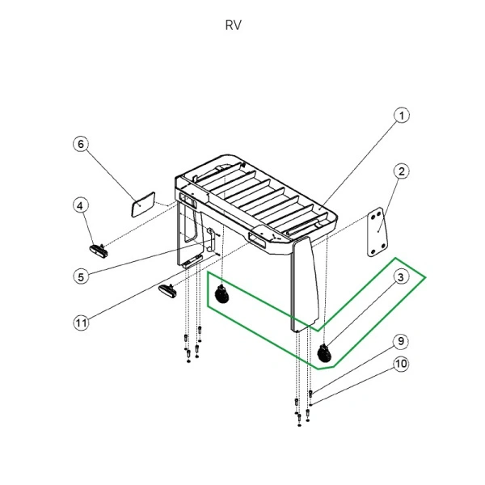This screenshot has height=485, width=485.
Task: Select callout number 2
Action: coord(402,171)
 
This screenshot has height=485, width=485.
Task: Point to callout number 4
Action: coord(81,205)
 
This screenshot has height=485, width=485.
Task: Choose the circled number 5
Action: coord(81,276)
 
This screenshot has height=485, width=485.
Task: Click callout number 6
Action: coord(81,144)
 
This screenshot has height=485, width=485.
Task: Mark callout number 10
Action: coord(402,364)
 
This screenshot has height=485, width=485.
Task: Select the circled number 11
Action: coord(81,323)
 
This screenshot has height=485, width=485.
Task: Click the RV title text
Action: coord(233,24)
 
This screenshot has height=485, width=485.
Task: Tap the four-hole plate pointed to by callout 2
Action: coord(377,234)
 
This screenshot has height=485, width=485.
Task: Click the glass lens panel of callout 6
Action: coord(144,202)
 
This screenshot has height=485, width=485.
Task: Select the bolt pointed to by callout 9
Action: coord(311,394)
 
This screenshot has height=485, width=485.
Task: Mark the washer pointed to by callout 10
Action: coord(311,404)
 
